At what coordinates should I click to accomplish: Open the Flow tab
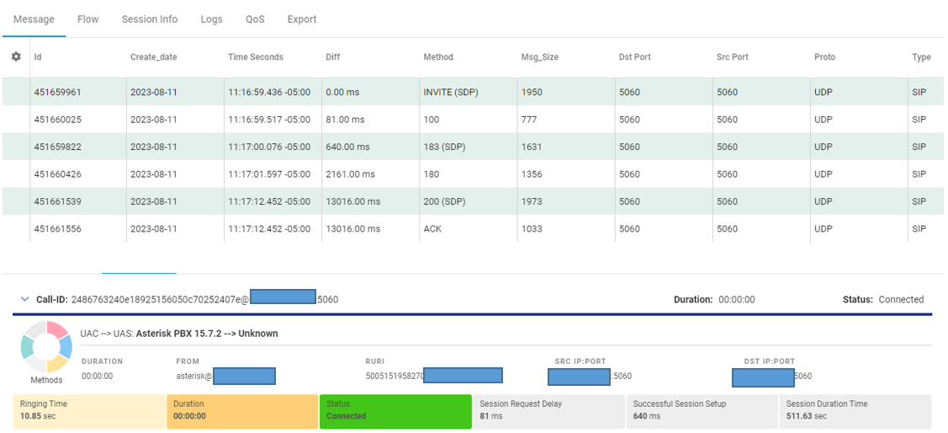coord(87,19)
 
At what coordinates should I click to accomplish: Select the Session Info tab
coord(149,19)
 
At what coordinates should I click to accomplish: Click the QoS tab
coord(255,19)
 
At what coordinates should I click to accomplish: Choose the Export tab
coord(302,19)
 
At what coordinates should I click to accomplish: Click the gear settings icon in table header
coord(16,56)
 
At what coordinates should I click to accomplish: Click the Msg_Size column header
coord(539,57)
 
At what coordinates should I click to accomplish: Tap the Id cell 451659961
coord(57,92)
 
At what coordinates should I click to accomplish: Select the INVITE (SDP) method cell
coord(451,92)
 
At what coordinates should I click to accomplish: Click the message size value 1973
coord(532,201)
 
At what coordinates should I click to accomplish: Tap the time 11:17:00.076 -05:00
coord(269,147)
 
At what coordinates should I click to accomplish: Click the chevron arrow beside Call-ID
coord(25,299)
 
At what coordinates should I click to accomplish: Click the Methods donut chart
coord(46,346)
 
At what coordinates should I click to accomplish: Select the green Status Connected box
coord(395,410)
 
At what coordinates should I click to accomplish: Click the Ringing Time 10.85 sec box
coord(89,410)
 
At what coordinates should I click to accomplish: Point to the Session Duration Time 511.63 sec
coord(855,410)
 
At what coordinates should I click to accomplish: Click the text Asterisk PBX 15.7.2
coord(177,334)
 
